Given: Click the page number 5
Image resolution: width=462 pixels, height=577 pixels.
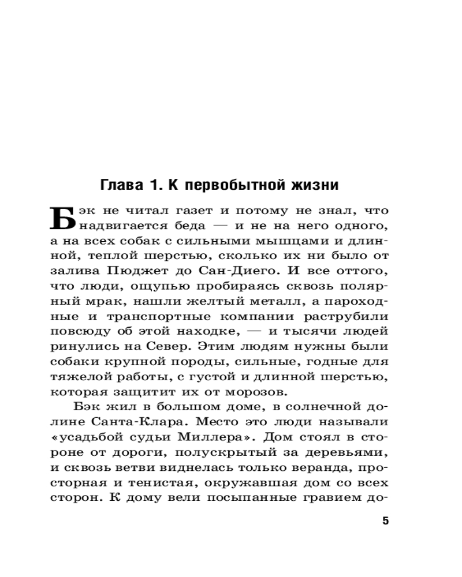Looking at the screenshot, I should click(385, 522).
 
